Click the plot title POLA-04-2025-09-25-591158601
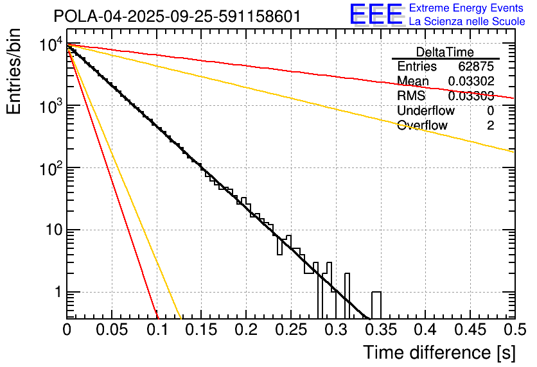coord(177,16)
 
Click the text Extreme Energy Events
coord(466,8)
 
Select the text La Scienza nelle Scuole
coord(466,22)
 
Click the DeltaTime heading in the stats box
coord(445,52)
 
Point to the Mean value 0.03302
coord(471,81)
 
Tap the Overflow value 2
coord(490,126)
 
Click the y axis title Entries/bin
coord(14,73)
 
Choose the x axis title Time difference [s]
coord(439,352)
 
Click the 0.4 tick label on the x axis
coord(425,330)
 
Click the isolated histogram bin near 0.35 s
coord(376,305)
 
